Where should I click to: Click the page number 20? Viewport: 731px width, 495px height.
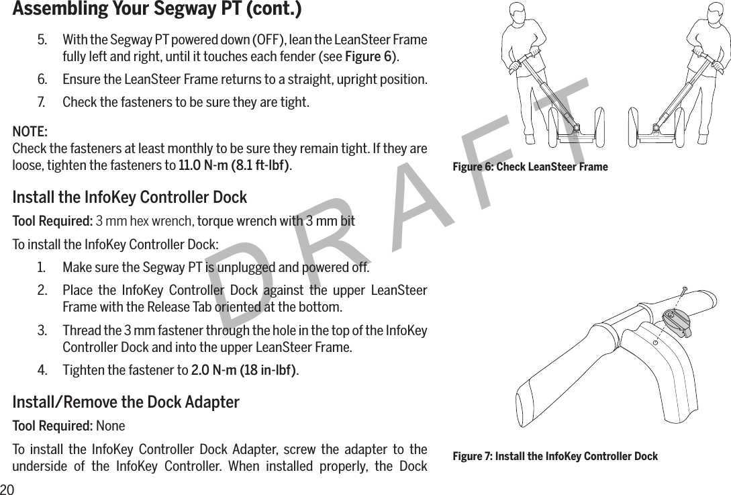click(x=7, y=488)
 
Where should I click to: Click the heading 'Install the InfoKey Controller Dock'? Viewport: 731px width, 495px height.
click(x=130, y=197)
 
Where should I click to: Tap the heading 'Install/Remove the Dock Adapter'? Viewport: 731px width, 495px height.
click(x=126, y=402)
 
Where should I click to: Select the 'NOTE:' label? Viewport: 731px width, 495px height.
click(x=30, y=130)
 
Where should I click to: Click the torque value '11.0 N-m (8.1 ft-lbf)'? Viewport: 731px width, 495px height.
click(x=234, y=165)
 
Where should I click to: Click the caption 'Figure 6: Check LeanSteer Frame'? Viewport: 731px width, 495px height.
click(x=530, y=167)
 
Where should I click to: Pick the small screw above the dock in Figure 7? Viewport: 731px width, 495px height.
click(x=683, y=289)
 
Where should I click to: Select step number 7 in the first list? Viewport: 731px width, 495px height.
click(x=42, y=103)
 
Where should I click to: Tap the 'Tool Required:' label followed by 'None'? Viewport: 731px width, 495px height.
click(x=53, y=426)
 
